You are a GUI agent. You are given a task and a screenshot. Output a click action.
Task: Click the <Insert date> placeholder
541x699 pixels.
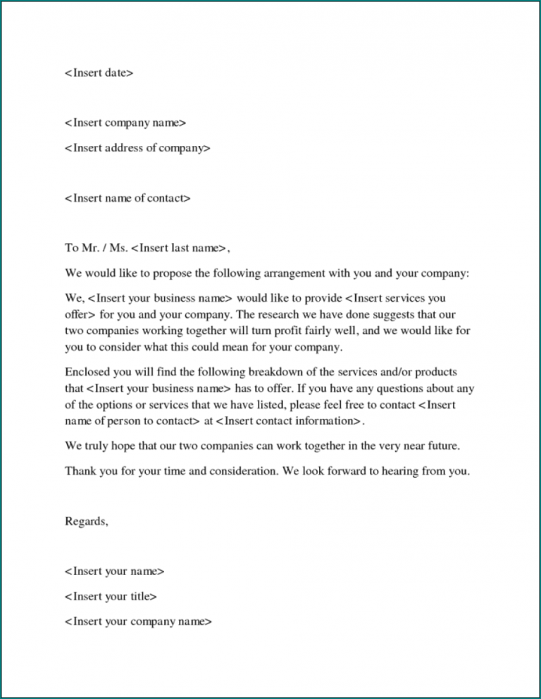(x=99, y=73)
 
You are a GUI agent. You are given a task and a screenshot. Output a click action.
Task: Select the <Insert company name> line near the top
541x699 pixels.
(x=125, y=124)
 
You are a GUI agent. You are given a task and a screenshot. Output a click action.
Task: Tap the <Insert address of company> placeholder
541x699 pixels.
(x=137, y=149)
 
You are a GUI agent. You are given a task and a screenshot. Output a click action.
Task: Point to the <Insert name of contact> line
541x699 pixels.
(x=128, y=199)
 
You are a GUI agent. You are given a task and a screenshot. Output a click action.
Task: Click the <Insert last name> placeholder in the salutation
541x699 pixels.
(x=180, y=248)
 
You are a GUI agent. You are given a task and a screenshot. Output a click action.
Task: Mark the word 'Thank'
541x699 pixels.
(x=80, y=471)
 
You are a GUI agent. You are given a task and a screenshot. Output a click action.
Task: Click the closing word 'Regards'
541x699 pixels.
(x=87, y=521)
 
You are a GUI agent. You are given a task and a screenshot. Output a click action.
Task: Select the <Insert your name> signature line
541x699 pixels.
(x=115, y=571)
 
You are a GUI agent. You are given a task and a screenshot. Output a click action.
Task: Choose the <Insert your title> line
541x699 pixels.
(x=111, y=597)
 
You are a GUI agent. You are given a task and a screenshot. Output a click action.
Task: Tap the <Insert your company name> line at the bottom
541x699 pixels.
(x=138, y=621)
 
